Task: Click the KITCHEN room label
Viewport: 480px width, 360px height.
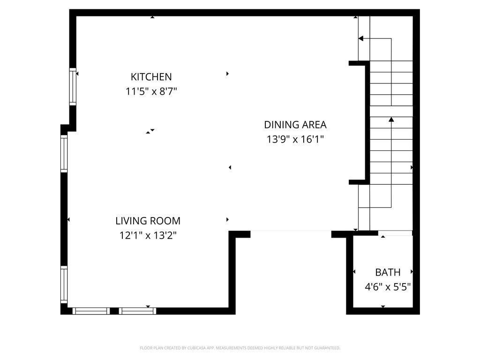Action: pyautogui.click(x=151, y=77)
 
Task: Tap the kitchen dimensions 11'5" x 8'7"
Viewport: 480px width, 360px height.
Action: pyautogui.click(x=151, y=91)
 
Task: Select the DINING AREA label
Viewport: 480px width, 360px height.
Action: pyautogui.click(x=295, y=125)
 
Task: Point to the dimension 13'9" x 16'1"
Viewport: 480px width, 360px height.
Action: pyautogui.click(x=295, y=139)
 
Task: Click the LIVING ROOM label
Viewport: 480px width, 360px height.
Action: pyautogui.click(x=148, y=221)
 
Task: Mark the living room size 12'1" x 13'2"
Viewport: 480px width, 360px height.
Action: pyautogui.click(x=148, y=235)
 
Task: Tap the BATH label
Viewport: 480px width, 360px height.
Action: pyautogui.click(x=388, y=272)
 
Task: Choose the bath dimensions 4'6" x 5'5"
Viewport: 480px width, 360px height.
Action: pyautogui.click(x=388, y=287)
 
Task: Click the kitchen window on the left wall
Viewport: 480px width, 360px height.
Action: pyautogui.click(x=73, y=86)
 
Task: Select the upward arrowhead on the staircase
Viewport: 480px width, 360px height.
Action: pyautogui.click(x=391, y=120)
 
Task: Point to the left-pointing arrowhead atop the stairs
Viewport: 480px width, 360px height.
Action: pyautogui.click(x=361, y=38)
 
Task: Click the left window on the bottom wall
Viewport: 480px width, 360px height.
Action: pyautogui.click(x=91, y=311)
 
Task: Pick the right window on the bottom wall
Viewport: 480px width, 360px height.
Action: pyautogui.click(x=137, y=311)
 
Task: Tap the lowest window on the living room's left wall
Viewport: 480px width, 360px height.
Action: pyautogui.click(x=64, y=285)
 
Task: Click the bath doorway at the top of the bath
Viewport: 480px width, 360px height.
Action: pyautogui.click(x=395, y=232)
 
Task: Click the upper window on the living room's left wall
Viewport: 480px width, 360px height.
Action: pyautogui.click(x=64, y=154)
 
